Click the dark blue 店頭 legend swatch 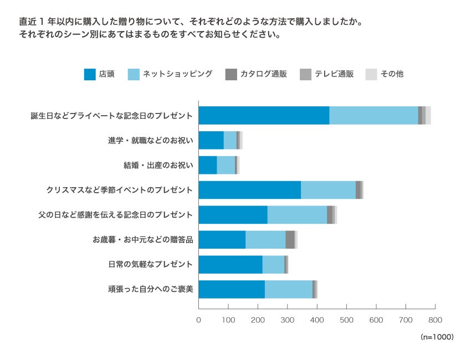click(x=90, y=74)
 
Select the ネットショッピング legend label click(x=177, y=74)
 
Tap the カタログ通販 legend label click(x=263, y=74)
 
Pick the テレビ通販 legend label click(x=334, y=74)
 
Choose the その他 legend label click(x=392, y=74)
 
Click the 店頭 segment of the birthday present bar click(x=264, y=115)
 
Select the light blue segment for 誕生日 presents click(x=373, y=115)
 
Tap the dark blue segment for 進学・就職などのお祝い click(x=211, y=140)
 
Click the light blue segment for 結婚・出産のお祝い click(x=225, y=165)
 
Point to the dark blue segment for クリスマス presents click(x=250, y=190)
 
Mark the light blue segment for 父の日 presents click(x=297, y=215)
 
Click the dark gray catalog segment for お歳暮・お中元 click(x=290, y=240)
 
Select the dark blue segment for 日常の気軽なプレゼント click(x=230, y=265)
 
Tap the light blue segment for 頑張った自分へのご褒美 click(x=289, y=290)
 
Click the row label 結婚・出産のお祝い click(x=158, y=165)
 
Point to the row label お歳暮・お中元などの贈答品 click(x=143, y=240)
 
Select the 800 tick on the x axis click(x=435, y=320)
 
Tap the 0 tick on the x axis click(x=199, y=320)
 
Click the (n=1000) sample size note click(x=437, y=337)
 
